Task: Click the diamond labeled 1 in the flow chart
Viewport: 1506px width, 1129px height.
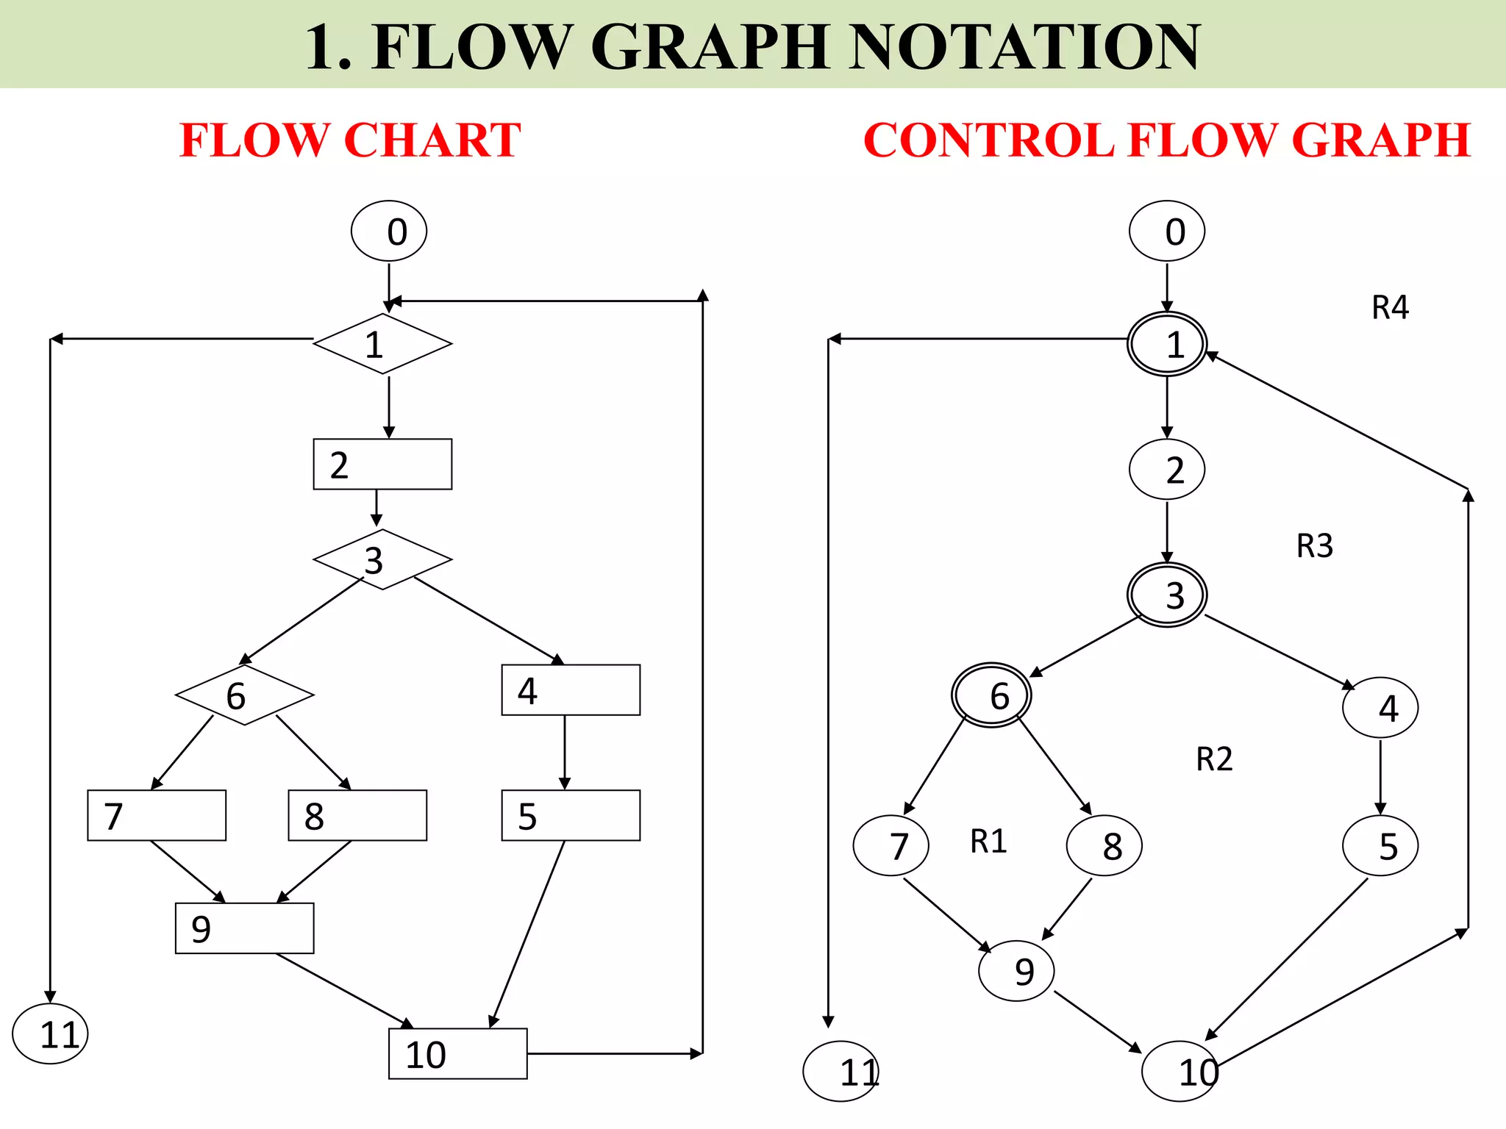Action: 382,344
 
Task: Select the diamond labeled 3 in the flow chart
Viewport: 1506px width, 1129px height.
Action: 382,559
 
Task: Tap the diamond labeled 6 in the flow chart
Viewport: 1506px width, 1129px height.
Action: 244,695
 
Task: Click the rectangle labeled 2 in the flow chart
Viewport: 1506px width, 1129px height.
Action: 382,465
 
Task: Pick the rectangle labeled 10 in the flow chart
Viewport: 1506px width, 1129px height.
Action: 457,1054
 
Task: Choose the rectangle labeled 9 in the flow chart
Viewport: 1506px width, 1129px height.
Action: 244,928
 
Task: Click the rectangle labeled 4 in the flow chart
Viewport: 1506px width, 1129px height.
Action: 571,690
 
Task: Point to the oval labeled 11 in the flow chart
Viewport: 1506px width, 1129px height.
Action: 50,1034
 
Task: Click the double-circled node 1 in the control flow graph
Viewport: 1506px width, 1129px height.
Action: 1167,344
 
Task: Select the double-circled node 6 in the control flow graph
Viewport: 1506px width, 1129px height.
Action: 991,695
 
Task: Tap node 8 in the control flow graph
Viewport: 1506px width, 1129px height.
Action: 1104,846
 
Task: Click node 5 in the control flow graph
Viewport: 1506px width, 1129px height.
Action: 1380,846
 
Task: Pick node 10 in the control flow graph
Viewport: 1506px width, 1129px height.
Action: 1180,1072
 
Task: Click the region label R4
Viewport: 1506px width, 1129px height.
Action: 1390,307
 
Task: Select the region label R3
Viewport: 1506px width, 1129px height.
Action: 1314,546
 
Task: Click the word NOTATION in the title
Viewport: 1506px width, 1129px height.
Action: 1024,47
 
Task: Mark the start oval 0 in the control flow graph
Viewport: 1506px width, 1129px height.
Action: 1167,231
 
